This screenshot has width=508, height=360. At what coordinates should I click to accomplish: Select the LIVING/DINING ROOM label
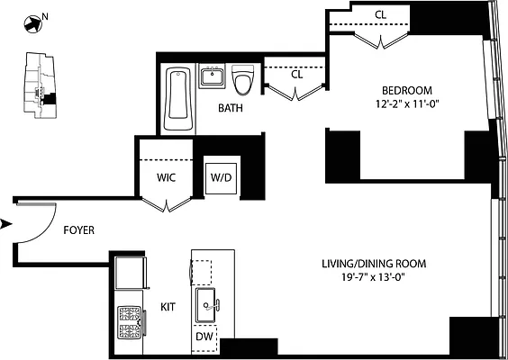(x=374, y=264)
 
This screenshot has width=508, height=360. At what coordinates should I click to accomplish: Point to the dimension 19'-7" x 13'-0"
(x=374, y=276)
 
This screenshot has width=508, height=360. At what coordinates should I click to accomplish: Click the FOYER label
(x=80, y=229)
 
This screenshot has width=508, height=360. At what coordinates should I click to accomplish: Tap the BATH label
(x=231, y=108)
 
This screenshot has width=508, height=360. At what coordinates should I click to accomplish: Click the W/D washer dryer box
(x=222, y=177)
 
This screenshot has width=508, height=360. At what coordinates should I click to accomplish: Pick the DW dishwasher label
(x=204, y=337)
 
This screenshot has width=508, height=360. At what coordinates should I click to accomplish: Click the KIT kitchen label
(x=168, y=307)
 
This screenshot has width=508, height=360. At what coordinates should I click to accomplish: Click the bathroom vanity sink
(x=213, y=77)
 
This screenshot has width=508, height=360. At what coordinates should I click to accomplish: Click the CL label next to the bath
(x=296, y=74)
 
